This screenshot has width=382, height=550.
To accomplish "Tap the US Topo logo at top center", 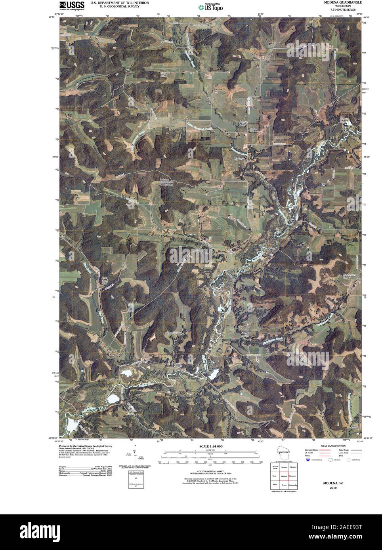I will tap(211, 7).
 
